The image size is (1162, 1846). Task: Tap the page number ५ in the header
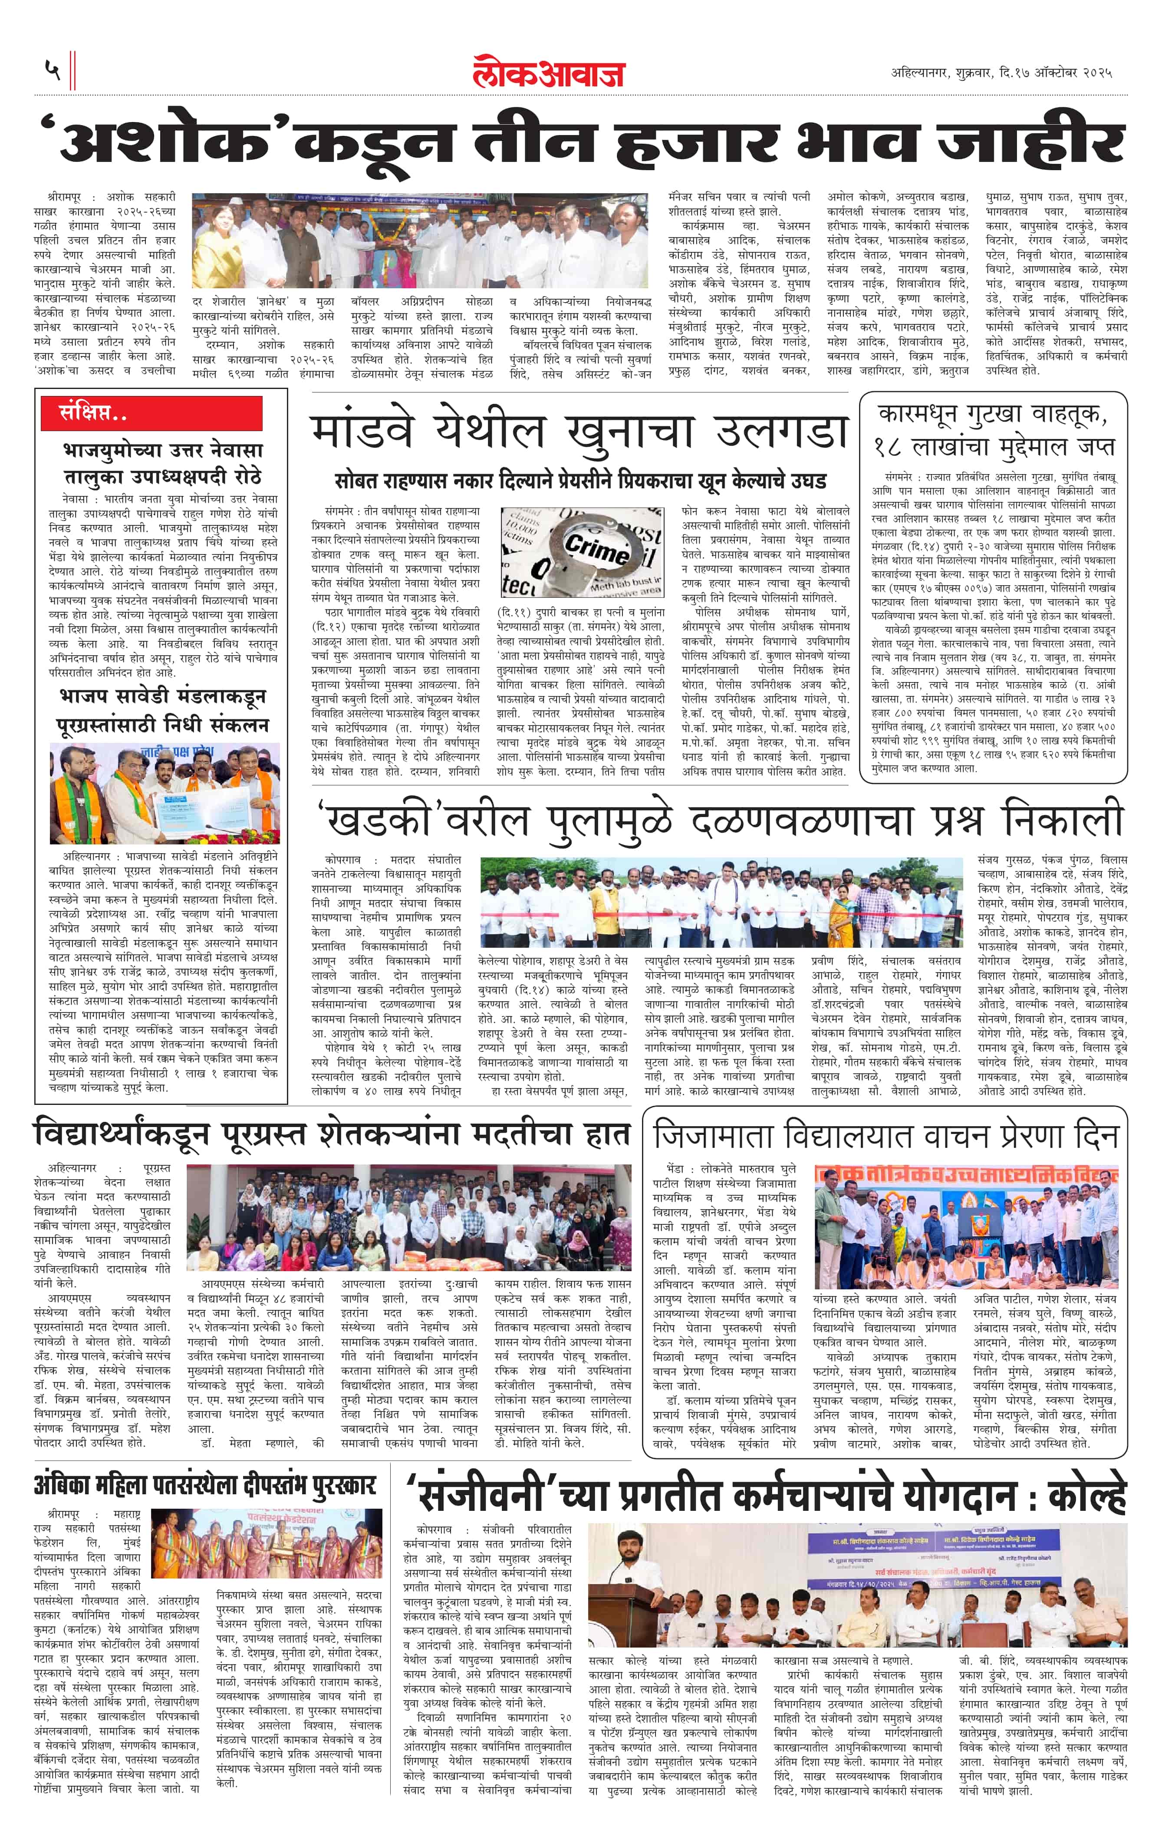click(52, 70)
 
